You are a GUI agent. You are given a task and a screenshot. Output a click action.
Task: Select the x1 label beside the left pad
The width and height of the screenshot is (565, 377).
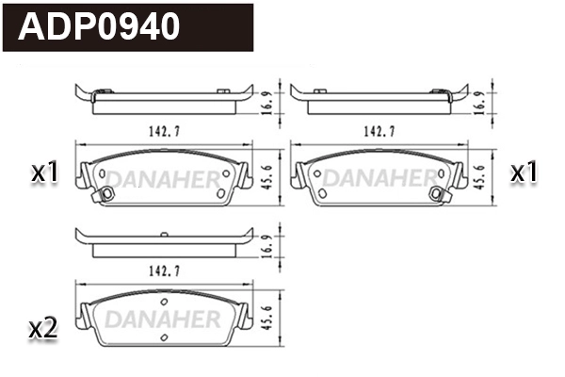click(x=44, y=172)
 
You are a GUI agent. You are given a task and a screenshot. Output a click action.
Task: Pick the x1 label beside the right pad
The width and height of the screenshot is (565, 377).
click(x=524, y=172)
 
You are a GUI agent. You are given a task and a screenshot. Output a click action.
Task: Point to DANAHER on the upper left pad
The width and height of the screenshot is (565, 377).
click(x=162, y=177)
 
